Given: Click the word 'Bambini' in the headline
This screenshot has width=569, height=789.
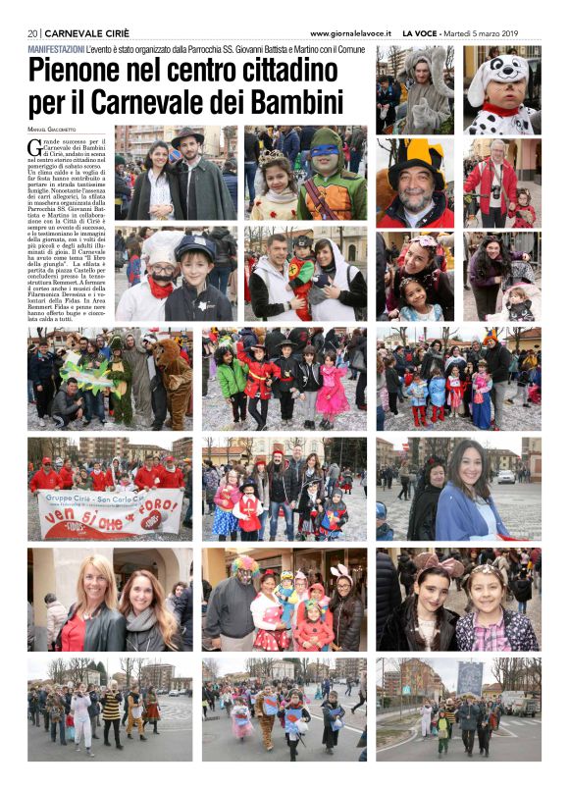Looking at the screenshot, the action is point(293,101).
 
